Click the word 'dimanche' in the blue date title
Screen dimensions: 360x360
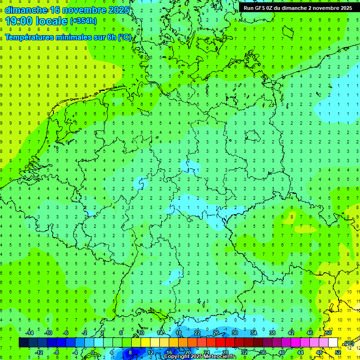(x=26, y=10)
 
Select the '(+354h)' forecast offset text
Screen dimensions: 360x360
(x=83, y=21)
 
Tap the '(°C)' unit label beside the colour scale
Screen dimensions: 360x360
(x=349, y=343)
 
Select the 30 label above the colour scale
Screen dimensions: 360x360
(x=234, y=333)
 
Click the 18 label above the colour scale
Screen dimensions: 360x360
(x=178, y=333)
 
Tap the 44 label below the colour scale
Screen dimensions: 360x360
(x=300, y=352)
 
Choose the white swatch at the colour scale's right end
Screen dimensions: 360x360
(x=333, y=342)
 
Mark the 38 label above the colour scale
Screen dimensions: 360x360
(x=272, y=333)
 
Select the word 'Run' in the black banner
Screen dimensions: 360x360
(x=248, y=8)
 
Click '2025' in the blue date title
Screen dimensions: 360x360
(x=118, y=10)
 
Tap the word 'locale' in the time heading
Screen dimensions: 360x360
(x=50, y=21)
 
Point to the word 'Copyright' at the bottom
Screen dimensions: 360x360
(x=177, y=357)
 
